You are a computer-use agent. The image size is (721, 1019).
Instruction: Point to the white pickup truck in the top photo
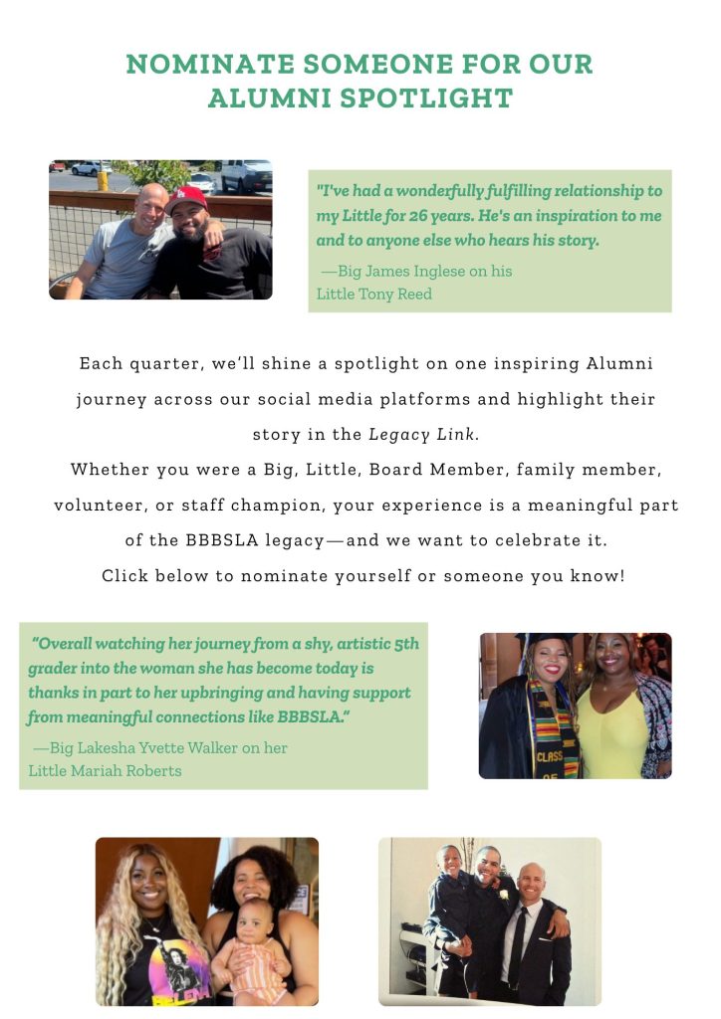click(245, 176)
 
